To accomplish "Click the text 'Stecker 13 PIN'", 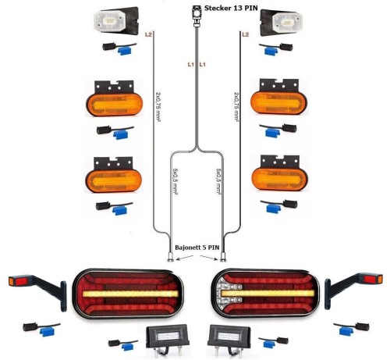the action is click(x=231, y=8).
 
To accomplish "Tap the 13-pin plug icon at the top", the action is click(x=197, y=15).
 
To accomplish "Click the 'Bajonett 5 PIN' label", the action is click(x=197, y=248).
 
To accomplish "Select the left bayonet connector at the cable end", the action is click(x=171, y=257).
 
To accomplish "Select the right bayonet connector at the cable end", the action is click(x=223, y=257).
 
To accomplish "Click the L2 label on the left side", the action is click(x=148, y=34).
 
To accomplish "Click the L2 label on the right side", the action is click(x=245, y=34).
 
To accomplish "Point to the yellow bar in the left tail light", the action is click(x=130, y=294).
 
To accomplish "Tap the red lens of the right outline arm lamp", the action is click(x=370, y=279).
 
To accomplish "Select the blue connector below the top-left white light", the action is click(x=125, y=51).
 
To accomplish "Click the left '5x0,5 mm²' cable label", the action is click(x=175, y=181).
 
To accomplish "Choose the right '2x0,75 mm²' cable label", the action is click(x=236, y=106).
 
